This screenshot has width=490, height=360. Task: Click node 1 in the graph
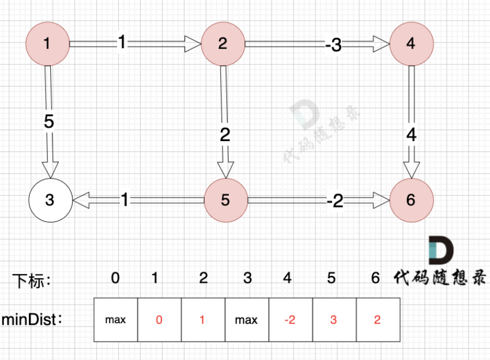48,43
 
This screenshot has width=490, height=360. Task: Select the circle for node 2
223,43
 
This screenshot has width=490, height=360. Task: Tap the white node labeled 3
50,200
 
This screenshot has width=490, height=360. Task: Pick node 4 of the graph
411,43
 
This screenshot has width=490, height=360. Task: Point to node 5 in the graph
225,200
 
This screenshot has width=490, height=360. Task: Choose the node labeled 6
410,200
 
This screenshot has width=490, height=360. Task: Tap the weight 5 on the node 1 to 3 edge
49,122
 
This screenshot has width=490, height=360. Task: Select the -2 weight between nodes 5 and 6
334,201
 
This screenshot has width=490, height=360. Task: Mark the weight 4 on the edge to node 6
411,135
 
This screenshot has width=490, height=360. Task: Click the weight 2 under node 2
225,135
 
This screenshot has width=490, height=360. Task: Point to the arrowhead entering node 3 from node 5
81,200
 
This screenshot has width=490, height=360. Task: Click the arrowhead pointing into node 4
381,43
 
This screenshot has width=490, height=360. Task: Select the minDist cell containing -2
290,320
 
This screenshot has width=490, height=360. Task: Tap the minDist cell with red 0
159,320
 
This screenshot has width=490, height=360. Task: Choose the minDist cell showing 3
334,320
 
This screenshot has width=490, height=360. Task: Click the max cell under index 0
115,320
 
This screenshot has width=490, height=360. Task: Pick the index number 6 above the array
376,278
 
